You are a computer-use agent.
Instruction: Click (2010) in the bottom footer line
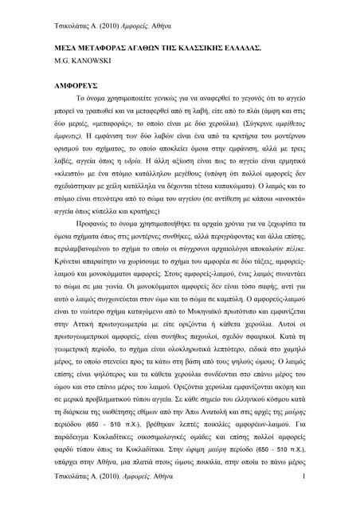click(111, 498)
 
